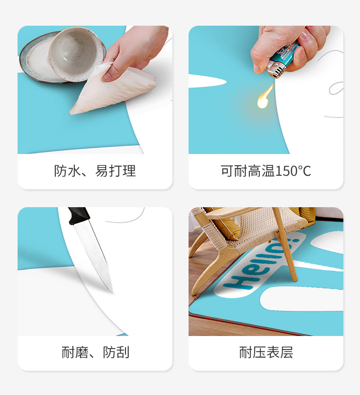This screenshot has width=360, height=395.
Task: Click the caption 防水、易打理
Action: click(95, 171)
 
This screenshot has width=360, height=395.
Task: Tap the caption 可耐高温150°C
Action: click(266, 171)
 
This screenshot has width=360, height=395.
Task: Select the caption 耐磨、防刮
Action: click(95, 352)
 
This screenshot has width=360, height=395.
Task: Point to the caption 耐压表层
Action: click(266, 352)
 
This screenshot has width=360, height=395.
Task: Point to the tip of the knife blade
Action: click(112, 293)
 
